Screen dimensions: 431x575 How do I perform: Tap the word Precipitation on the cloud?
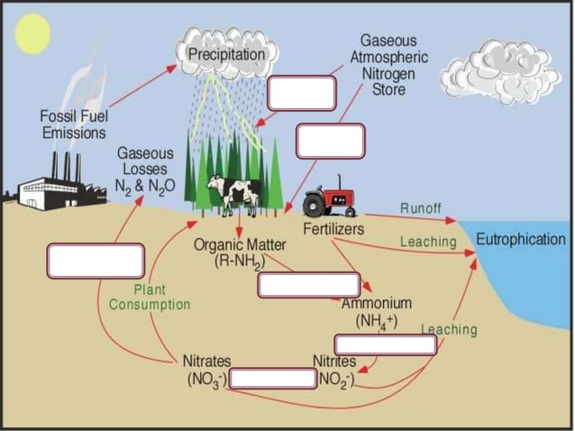point(226,55)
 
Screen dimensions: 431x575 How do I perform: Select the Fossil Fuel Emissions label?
point(73,124)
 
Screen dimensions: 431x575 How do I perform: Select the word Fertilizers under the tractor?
point(333,229)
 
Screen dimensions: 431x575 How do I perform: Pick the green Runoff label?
point(421,208)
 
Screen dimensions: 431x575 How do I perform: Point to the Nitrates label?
point(206,361)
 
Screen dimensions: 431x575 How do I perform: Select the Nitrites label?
point(334,361)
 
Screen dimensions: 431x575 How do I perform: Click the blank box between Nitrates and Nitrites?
point(271,378)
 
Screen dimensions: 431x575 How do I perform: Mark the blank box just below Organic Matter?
point(303,284)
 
